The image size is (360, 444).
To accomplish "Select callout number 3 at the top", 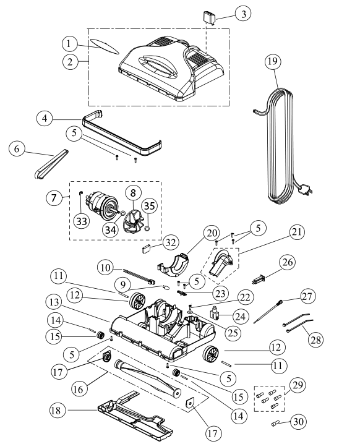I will (x=245, y=14).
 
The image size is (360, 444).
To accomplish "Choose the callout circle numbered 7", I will (x=54, y=199).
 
